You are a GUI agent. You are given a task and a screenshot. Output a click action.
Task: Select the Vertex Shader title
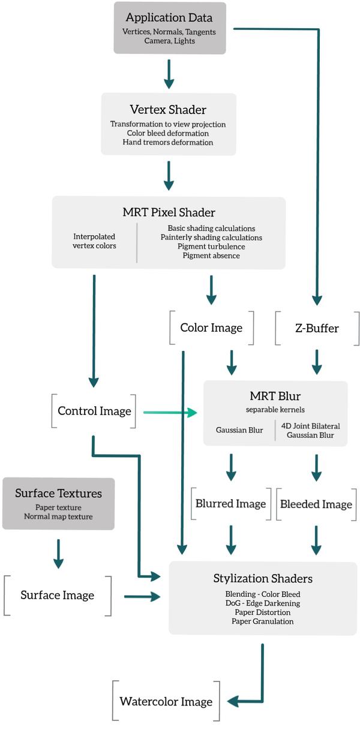click(168, 109)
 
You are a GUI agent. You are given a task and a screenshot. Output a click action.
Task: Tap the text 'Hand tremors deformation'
click(168, 142)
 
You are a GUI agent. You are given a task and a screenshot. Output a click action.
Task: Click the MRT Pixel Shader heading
click(169, 212)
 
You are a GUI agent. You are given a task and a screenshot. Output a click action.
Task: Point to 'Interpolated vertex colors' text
click(94, 241)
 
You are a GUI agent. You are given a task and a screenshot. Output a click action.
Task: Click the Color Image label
click(211, 328)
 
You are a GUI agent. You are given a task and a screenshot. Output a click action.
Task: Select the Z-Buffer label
click(317, 328)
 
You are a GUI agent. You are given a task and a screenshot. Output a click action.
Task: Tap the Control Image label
click(94, 411)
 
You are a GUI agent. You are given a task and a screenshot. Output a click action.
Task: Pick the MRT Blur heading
click(275, 396)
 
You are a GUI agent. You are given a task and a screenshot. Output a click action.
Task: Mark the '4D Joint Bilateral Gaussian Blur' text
click(310, 430)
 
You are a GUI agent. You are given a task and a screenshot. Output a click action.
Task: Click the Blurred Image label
click(230, 504)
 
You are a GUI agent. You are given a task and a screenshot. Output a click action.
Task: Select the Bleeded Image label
click(316, 504)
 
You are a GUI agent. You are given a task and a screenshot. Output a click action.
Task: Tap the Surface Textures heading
click(58, 494)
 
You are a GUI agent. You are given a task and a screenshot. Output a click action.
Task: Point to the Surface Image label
click(58, 595)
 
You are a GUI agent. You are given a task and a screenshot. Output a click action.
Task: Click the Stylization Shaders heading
click(262, 578)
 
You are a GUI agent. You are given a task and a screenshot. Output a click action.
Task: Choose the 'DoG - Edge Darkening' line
click(262, 603)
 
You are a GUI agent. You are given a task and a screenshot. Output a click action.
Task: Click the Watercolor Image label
click(166, 701)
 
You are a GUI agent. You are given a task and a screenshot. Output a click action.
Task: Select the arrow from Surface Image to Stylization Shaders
click(142, 596)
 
